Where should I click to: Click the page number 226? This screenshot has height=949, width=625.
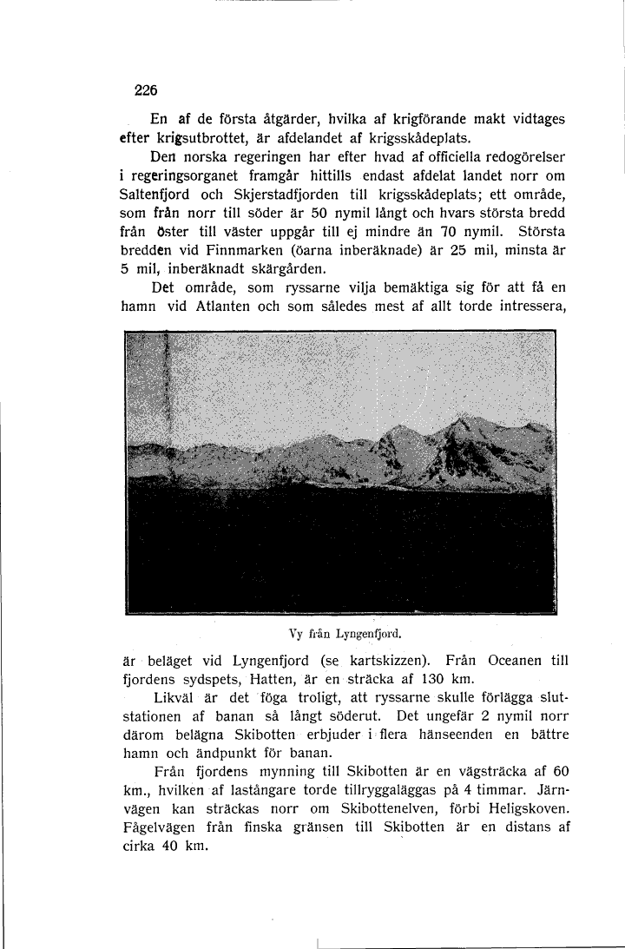click(x=145, y=89)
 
